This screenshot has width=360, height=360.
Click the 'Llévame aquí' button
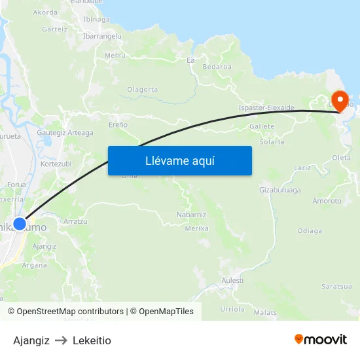179,160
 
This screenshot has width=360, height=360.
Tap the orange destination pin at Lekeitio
340,100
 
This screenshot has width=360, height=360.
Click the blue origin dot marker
20,225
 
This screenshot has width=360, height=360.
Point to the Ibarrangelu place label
102,36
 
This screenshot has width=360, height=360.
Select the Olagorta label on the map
142,90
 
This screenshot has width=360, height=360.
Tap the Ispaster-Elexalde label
266,107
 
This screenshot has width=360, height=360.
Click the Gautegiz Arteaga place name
65,132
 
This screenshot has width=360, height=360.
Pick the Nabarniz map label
192,214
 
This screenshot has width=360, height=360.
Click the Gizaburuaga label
280,190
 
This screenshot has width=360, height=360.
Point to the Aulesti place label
232,280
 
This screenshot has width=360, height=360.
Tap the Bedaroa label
217,67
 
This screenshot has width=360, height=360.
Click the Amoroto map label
327,201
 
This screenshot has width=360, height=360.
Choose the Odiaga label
310,230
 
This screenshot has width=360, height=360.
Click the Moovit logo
321,339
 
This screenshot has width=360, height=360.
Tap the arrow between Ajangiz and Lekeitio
61,341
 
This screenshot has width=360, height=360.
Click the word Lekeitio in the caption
92,341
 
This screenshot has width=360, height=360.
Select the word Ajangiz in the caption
31,341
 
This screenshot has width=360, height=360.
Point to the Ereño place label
118,124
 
